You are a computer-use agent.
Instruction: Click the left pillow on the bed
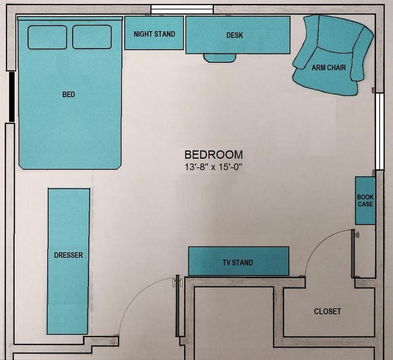point(47,37)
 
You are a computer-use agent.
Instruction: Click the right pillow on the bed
point(92,37)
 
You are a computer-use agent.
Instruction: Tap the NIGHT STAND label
point(154,34)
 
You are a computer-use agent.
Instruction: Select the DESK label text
point(235,35)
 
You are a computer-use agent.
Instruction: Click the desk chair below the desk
point(220,58)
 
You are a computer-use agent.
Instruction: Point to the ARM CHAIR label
point(329,68)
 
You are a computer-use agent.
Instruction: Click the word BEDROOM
point(214,155)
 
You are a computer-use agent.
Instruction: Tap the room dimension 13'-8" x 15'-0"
point(214,167)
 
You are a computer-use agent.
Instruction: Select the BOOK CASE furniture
point(365,201)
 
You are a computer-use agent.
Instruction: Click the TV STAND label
point(238,263)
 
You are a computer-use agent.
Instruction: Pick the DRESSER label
point(68,255)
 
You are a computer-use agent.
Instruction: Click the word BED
point(68,94)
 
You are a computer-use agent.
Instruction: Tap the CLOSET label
point(327,311)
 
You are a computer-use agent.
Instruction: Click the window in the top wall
point(182,9)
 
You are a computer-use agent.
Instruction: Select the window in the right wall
point(380,132)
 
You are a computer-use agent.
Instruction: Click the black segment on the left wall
point(12,97)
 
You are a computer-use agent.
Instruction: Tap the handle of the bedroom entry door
point(177,282)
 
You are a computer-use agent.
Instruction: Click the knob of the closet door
point(357,235)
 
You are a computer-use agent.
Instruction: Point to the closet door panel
point(353,253)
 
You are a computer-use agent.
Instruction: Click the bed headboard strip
point(70,18)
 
